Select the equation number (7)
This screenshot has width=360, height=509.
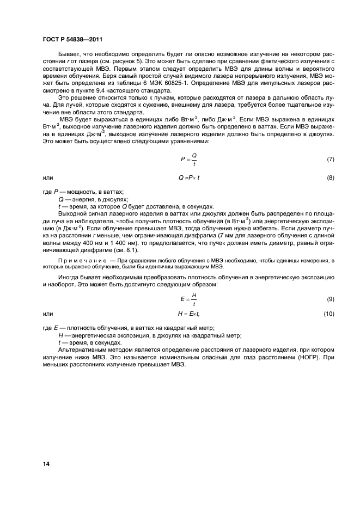(330, 160)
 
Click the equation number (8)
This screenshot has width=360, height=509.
(330, 178)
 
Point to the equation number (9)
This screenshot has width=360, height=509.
(330, 299)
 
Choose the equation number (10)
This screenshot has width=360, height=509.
(328, 314)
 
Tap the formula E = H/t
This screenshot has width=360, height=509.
(189, 299)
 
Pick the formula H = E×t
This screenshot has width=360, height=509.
(190, 314)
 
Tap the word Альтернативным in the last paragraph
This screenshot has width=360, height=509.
(84, 351)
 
